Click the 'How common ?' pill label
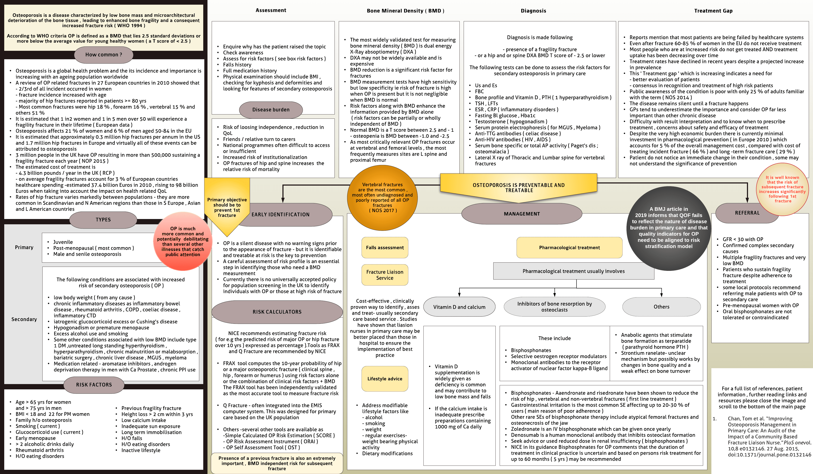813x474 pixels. pos(104,55)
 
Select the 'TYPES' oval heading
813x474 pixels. pos(103,220)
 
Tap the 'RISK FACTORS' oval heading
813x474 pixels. pos(94,385)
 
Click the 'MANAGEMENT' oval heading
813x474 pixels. pos(522,214)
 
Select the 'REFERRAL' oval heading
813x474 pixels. pos(747,213)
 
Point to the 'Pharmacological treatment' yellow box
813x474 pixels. pos(570,248)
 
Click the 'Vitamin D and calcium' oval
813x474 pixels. pos(459,307)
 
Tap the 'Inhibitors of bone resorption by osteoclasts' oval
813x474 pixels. pos(554,307)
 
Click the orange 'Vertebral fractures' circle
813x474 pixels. pos(382,197)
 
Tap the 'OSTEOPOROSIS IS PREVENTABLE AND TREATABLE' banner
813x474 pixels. pos(518,188)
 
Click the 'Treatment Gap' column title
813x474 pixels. pos(713,11)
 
